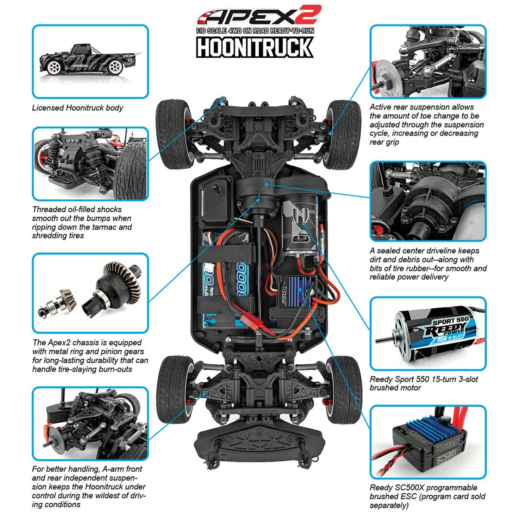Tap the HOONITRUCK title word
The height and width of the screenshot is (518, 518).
coord(255,47)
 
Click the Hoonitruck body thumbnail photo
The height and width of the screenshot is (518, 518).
coord(90,62)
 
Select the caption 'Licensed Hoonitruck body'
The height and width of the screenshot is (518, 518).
coord(78,108)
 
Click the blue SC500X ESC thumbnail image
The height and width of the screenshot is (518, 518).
coord(428,443)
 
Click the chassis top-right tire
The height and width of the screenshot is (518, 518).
coord(344,134)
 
